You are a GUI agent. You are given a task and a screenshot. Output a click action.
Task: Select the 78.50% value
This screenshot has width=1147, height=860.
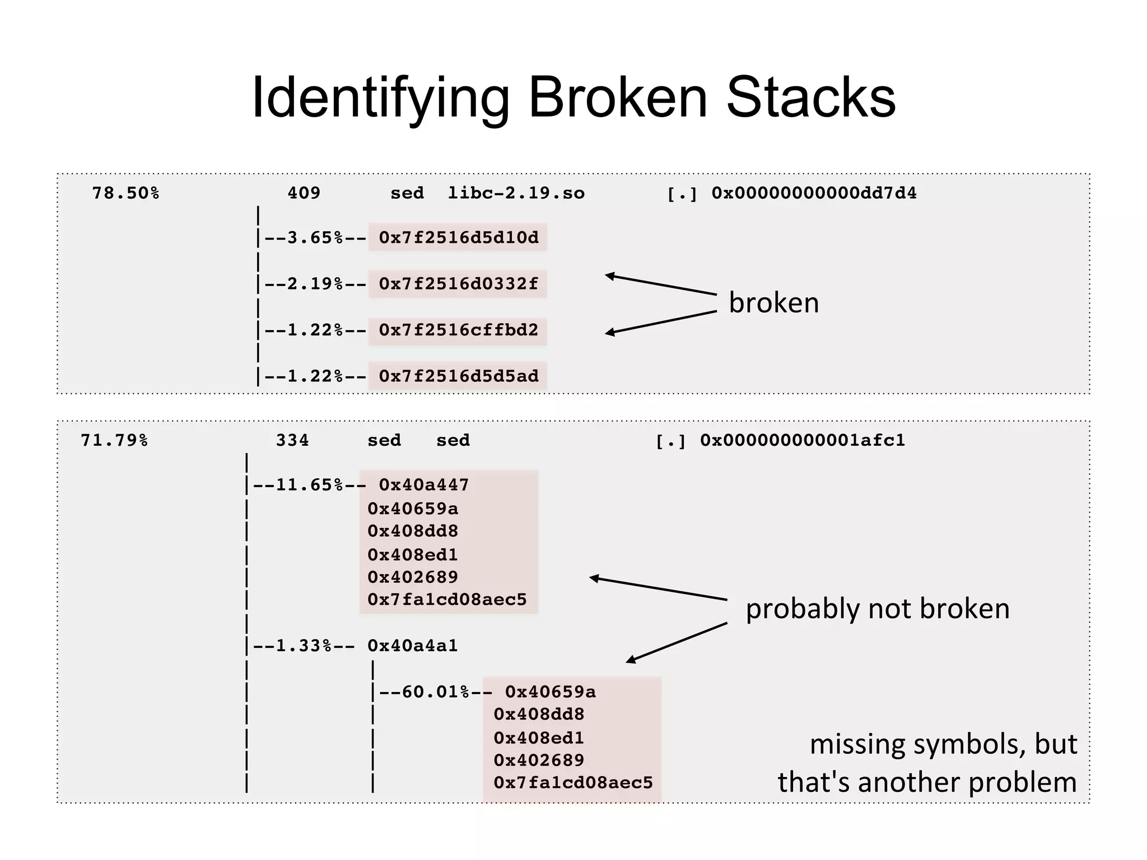tap(125, 193)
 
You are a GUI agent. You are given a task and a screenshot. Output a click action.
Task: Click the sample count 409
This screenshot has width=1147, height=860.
tap(304, 193)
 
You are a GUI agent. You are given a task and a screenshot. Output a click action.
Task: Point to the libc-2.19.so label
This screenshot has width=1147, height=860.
tap(516, 193)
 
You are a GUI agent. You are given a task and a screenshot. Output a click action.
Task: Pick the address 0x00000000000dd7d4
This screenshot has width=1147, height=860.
tap(814, 193)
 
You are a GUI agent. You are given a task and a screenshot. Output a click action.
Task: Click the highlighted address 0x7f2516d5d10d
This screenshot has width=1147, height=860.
tap(458, 237)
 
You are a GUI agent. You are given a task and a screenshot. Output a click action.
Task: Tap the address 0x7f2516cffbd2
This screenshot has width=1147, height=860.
tap(458, 330)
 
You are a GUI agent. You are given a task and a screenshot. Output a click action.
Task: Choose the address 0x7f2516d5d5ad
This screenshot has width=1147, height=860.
tap(458, 376)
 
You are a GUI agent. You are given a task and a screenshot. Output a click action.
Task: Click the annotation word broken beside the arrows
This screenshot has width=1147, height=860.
tap(773, 303)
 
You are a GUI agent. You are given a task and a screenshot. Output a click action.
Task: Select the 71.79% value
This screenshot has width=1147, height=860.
tap(114, 441)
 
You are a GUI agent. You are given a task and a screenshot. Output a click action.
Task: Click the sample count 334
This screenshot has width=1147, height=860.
tap(292, 441)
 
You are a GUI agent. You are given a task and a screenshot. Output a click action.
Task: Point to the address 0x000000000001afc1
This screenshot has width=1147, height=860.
tap(802, 441)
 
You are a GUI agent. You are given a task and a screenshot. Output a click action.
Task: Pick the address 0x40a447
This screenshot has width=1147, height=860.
tap(423, 485)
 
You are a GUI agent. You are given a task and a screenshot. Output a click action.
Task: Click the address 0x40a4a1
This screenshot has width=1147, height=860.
tap(412, 646)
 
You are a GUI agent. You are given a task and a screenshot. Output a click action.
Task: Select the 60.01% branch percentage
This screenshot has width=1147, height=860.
tap(435, 692)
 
